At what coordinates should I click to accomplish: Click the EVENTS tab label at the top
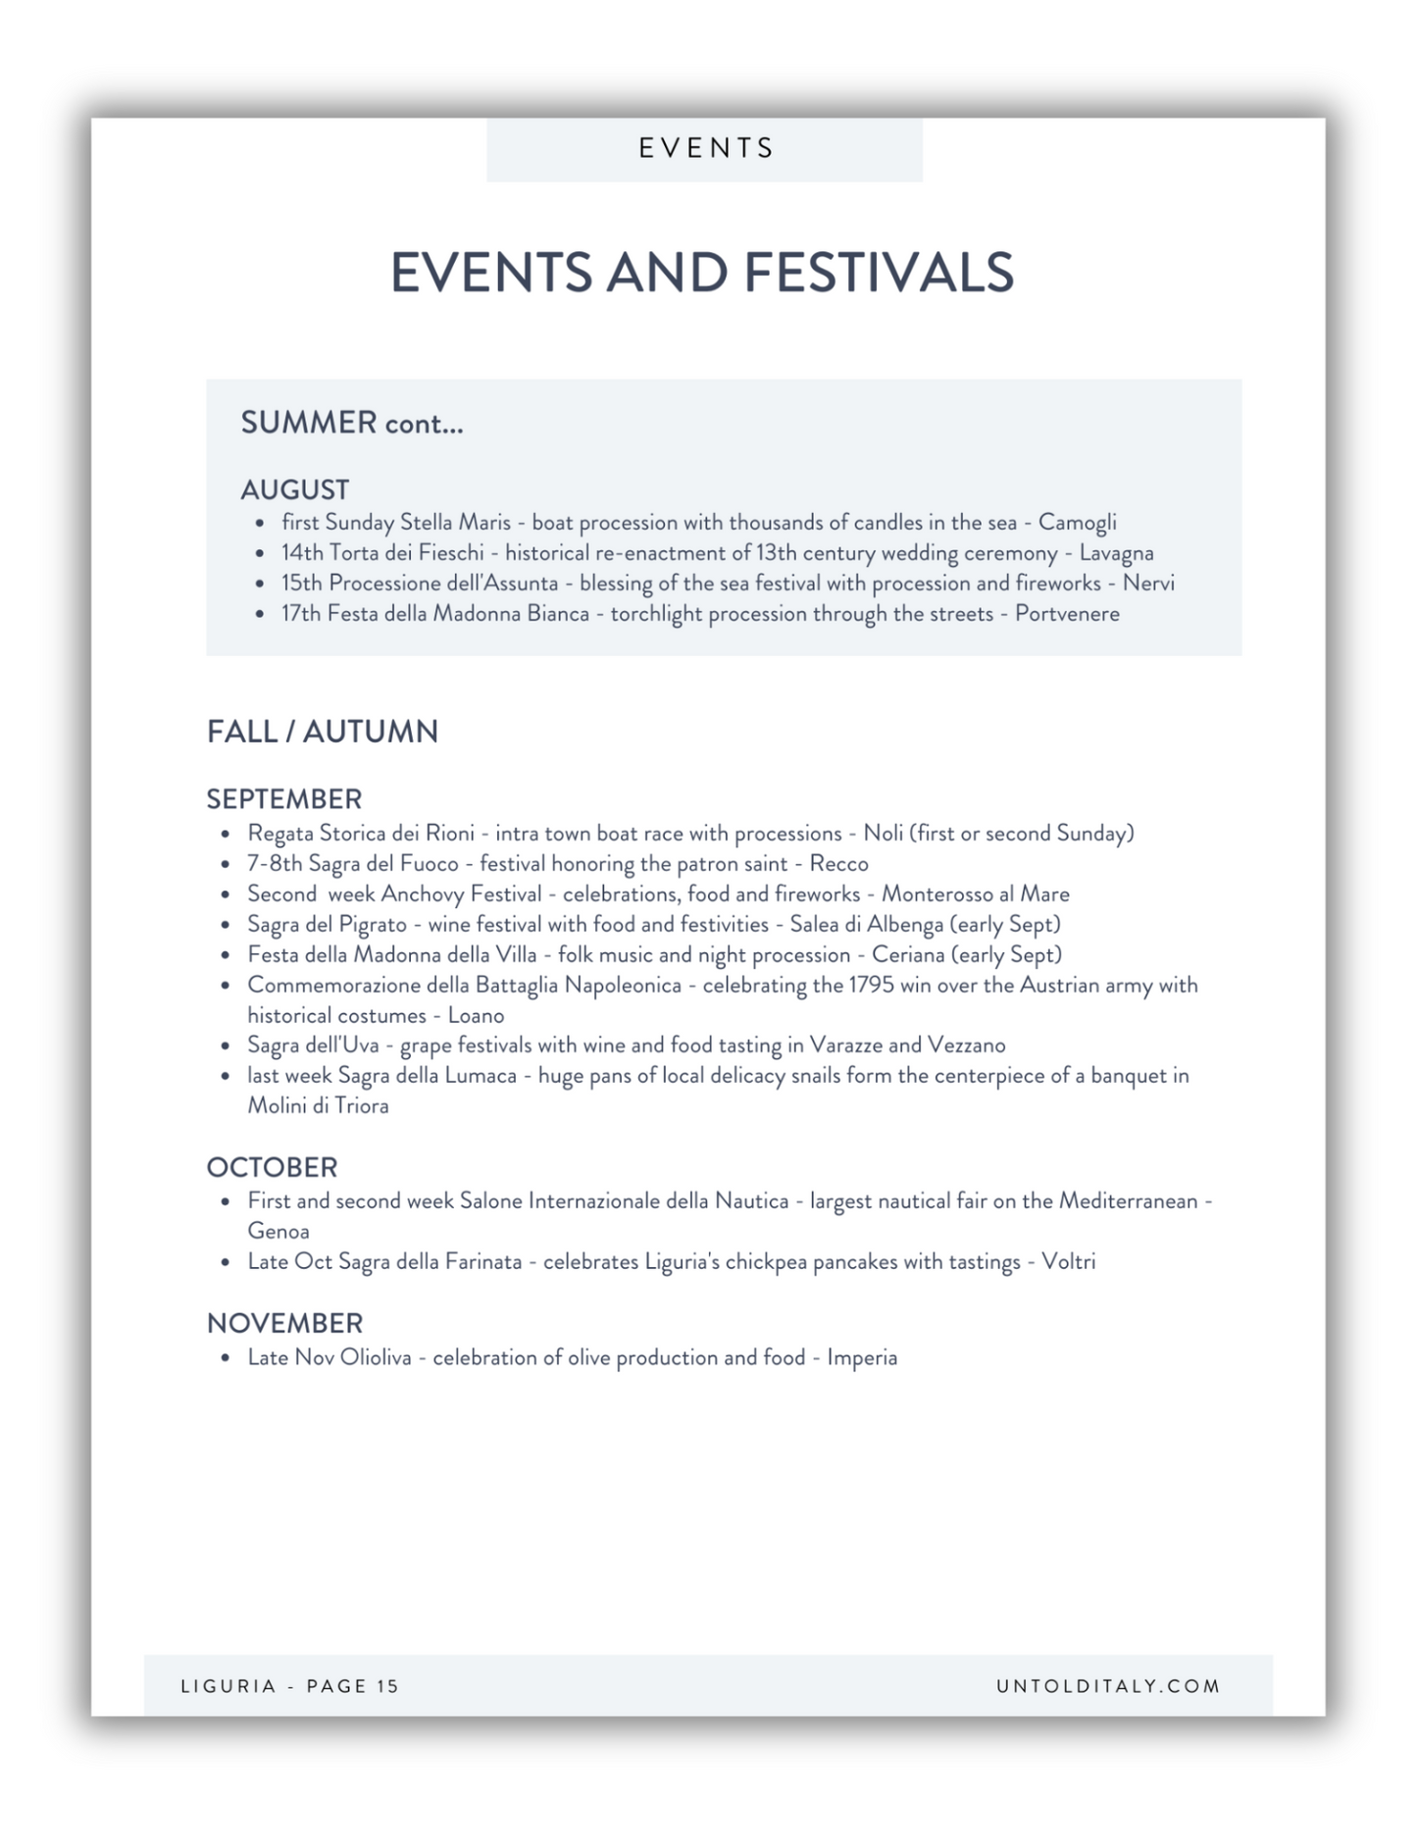pos(706,148)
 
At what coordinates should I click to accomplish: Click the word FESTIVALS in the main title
pos(879,273)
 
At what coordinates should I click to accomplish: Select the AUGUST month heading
pos(295,489)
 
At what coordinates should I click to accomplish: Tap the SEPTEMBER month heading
pos(284,798)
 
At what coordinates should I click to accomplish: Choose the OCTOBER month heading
pos(272,1167)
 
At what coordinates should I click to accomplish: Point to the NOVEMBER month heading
pos(284,1323)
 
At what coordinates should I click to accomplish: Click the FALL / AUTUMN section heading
pos(323,732)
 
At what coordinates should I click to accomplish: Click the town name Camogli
pos(1077,523)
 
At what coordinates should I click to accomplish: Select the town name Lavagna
pos(1116,553)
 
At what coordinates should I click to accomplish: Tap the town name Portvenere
pos(1067,614)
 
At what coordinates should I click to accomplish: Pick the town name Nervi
pos(1148,584)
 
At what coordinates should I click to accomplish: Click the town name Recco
pos(838,864)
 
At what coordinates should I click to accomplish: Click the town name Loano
pos(476,1015)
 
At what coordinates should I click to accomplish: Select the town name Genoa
pos(278,1231)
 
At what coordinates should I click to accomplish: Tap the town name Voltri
pos(1068,1261)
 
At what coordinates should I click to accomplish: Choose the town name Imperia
pos(862,1357)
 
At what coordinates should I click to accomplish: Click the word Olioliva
pos(376,1357)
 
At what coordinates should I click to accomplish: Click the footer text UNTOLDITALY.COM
pos(1108,1686)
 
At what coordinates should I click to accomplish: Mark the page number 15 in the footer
pos(387,1686)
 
